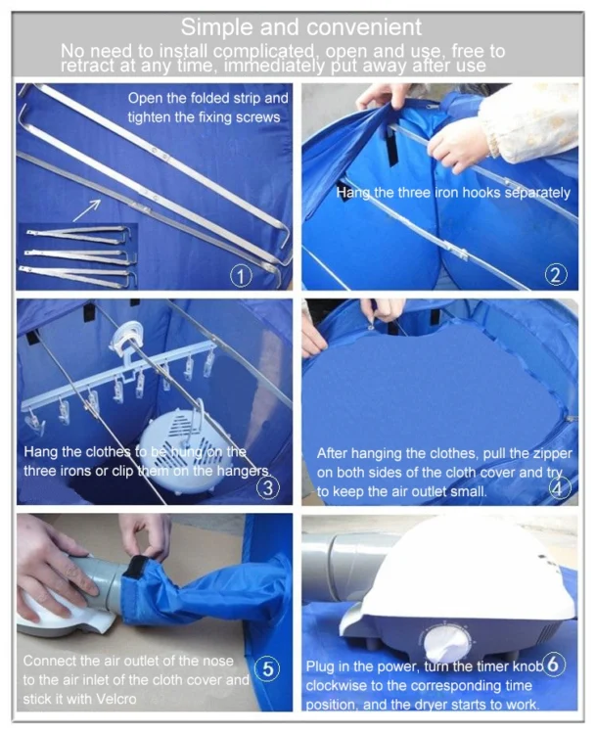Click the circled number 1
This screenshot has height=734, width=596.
[242, 275]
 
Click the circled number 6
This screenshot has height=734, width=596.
[554, 664]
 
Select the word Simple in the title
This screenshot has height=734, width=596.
[216, 27]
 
